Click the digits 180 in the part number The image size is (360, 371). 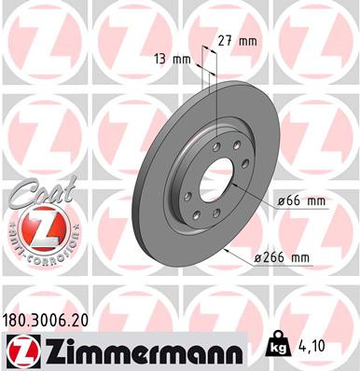tap(19, 318)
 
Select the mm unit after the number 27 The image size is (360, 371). tap(250, 40)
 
